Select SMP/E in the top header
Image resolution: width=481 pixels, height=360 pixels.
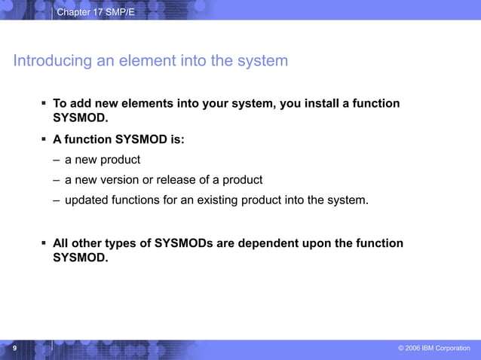[121, 13]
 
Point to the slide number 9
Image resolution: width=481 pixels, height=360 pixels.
[15, 348]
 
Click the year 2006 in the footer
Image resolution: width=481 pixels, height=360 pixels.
[413, 348]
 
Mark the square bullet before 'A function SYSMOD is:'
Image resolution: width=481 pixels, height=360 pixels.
[44, 139]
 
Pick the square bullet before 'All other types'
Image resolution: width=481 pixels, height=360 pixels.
[44, 243]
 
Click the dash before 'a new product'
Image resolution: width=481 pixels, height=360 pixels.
[57, 160]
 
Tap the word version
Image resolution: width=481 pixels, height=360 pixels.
[121, 180]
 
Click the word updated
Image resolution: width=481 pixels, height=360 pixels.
[87, 200]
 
